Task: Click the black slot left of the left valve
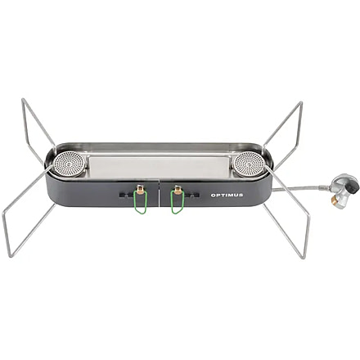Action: coord(125,194)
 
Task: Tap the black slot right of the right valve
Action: coord(193,195)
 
